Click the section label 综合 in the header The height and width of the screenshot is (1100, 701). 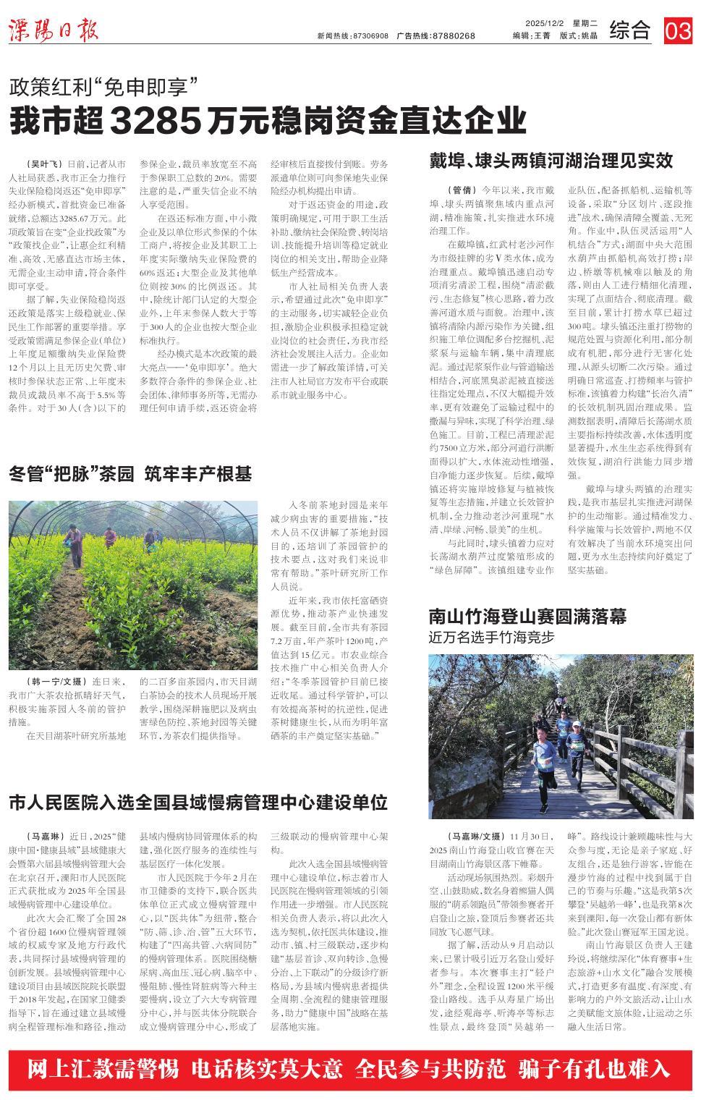pos(629,30)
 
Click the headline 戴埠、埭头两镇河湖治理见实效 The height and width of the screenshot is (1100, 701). pos(551,160)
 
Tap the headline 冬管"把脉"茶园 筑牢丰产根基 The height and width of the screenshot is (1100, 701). pos(130,474)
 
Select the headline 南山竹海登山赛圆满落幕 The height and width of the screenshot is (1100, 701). pos(527,617)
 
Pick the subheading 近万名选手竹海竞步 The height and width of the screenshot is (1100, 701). pos(491,638)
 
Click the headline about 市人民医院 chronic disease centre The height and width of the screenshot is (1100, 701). pos(198,802)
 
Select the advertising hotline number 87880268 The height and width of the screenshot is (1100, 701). pos(453,35)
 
